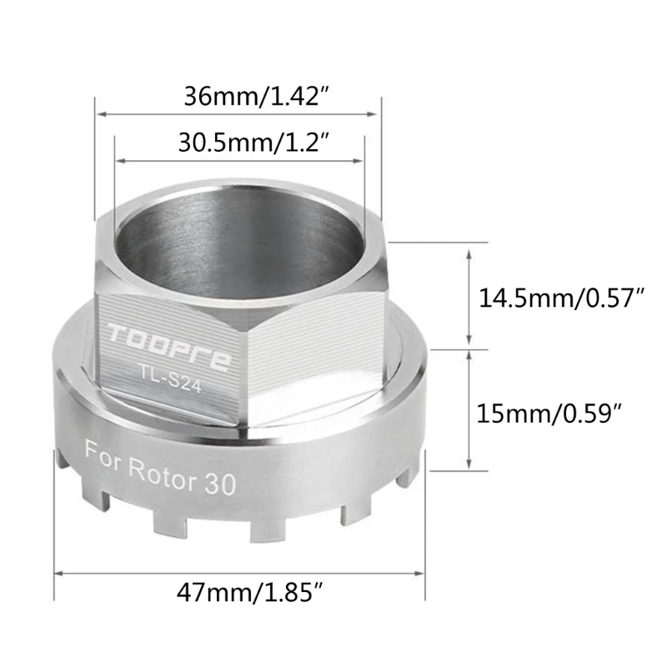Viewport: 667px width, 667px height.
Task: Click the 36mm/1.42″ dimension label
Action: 257,97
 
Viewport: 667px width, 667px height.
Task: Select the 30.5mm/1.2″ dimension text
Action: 254,143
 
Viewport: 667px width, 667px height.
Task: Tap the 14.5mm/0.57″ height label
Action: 561,298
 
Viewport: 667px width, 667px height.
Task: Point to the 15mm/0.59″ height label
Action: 549,413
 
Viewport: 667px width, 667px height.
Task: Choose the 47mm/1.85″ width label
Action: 250,592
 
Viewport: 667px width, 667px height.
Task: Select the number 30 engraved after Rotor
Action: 220,484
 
